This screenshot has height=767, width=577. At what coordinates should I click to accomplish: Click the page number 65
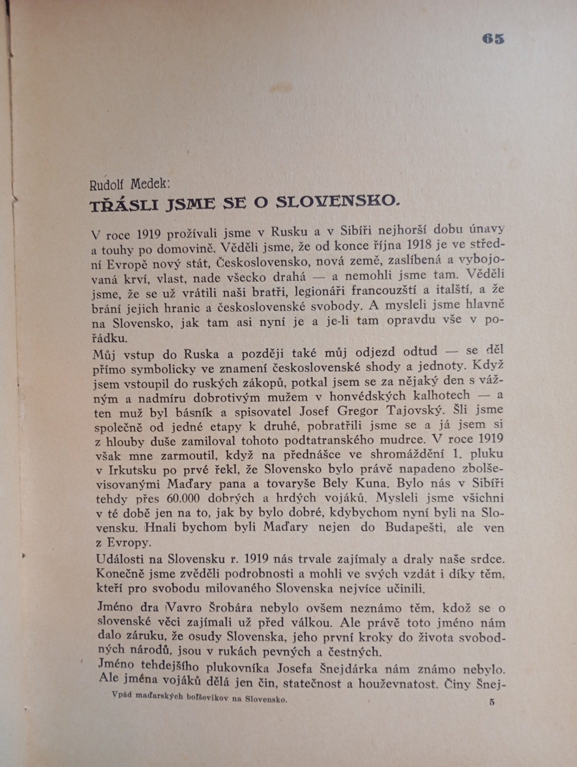[493, 39]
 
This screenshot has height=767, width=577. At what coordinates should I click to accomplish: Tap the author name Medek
[151, 185]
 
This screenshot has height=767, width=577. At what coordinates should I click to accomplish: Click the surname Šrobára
[231, 608]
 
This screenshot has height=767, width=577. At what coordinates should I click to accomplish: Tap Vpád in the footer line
[122, 695]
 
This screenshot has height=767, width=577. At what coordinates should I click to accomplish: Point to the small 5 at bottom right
[492, 702]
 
